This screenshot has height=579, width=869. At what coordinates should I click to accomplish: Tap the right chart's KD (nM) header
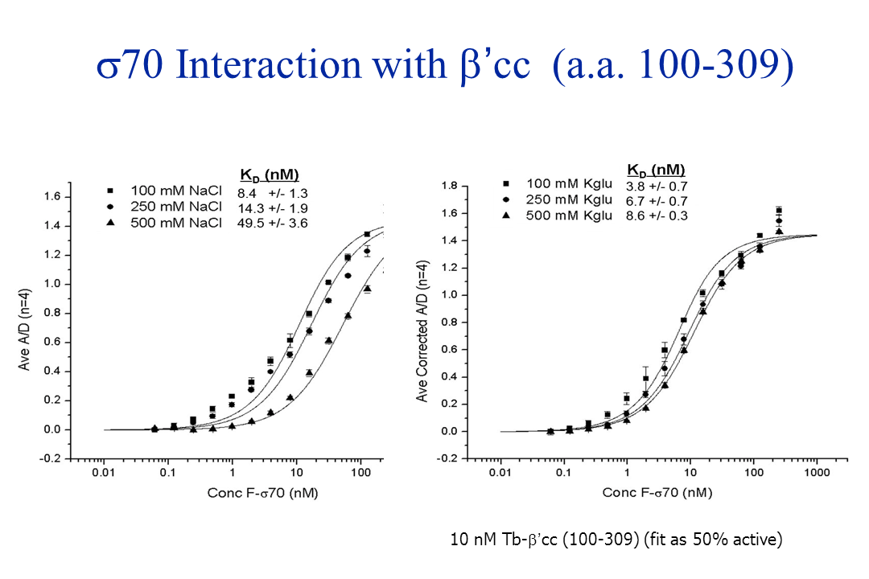tap(656, 170)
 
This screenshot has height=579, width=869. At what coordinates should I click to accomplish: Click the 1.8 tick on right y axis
tap(450, 187)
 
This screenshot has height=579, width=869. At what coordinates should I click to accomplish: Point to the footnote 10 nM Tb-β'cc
tap(616, 540)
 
